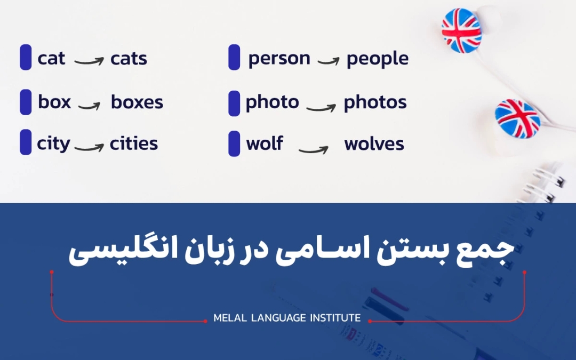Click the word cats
click(x=129, y=58)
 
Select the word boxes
click(x=137, y=102)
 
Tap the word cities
click(x=134, y=143)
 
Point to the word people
click(x=378, y=59)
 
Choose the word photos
click(x=375, y=102)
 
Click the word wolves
click(x=374, y=144)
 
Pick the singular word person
click(x=279, y=59)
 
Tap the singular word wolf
click(x=265, y=143)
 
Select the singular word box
click(x=54, y=102)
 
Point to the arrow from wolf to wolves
click(x=313, y=149)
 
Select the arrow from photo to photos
click(x=321, y=108)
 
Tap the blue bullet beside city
click(x=26, y=142)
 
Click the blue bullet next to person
click(x=234, y=58)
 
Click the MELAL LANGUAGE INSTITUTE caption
click(x=287, y=318)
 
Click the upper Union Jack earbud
click(x=461, y=31)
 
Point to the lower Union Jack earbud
click(x=517, y=118)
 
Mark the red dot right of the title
click(x=524, y=272)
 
